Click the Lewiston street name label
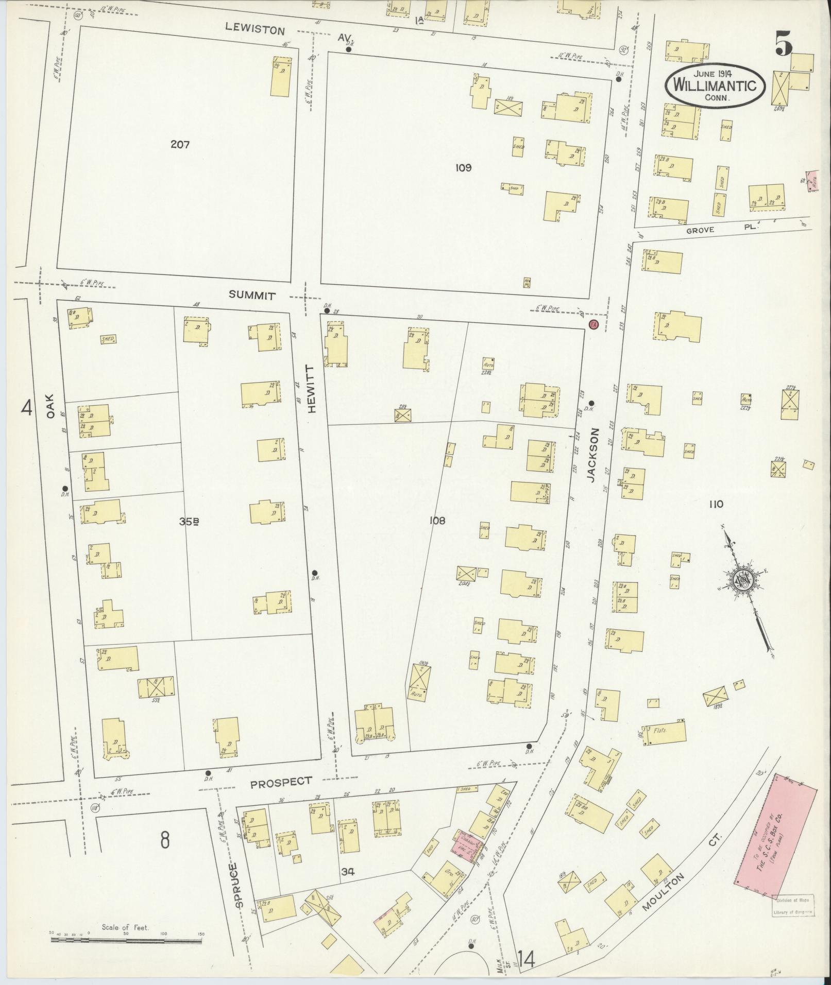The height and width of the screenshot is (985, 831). coord(255,30)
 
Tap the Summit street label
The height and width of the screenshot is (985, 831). coord(252,296)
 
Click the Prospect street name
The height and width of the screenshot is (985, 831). coord(281,796)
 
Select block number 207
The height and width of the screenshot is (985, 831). coord(180,145)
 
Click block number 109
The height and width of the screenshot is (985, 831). coord(463,167)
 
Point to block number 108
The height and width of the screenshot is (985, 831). coord(437,521)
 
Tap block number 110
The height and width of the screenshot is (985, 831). coord(716,504)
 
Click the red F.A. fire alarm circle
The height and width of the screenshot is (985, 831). coord(593,324)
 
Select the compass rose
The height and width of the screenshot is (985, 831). coord(744,580)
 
